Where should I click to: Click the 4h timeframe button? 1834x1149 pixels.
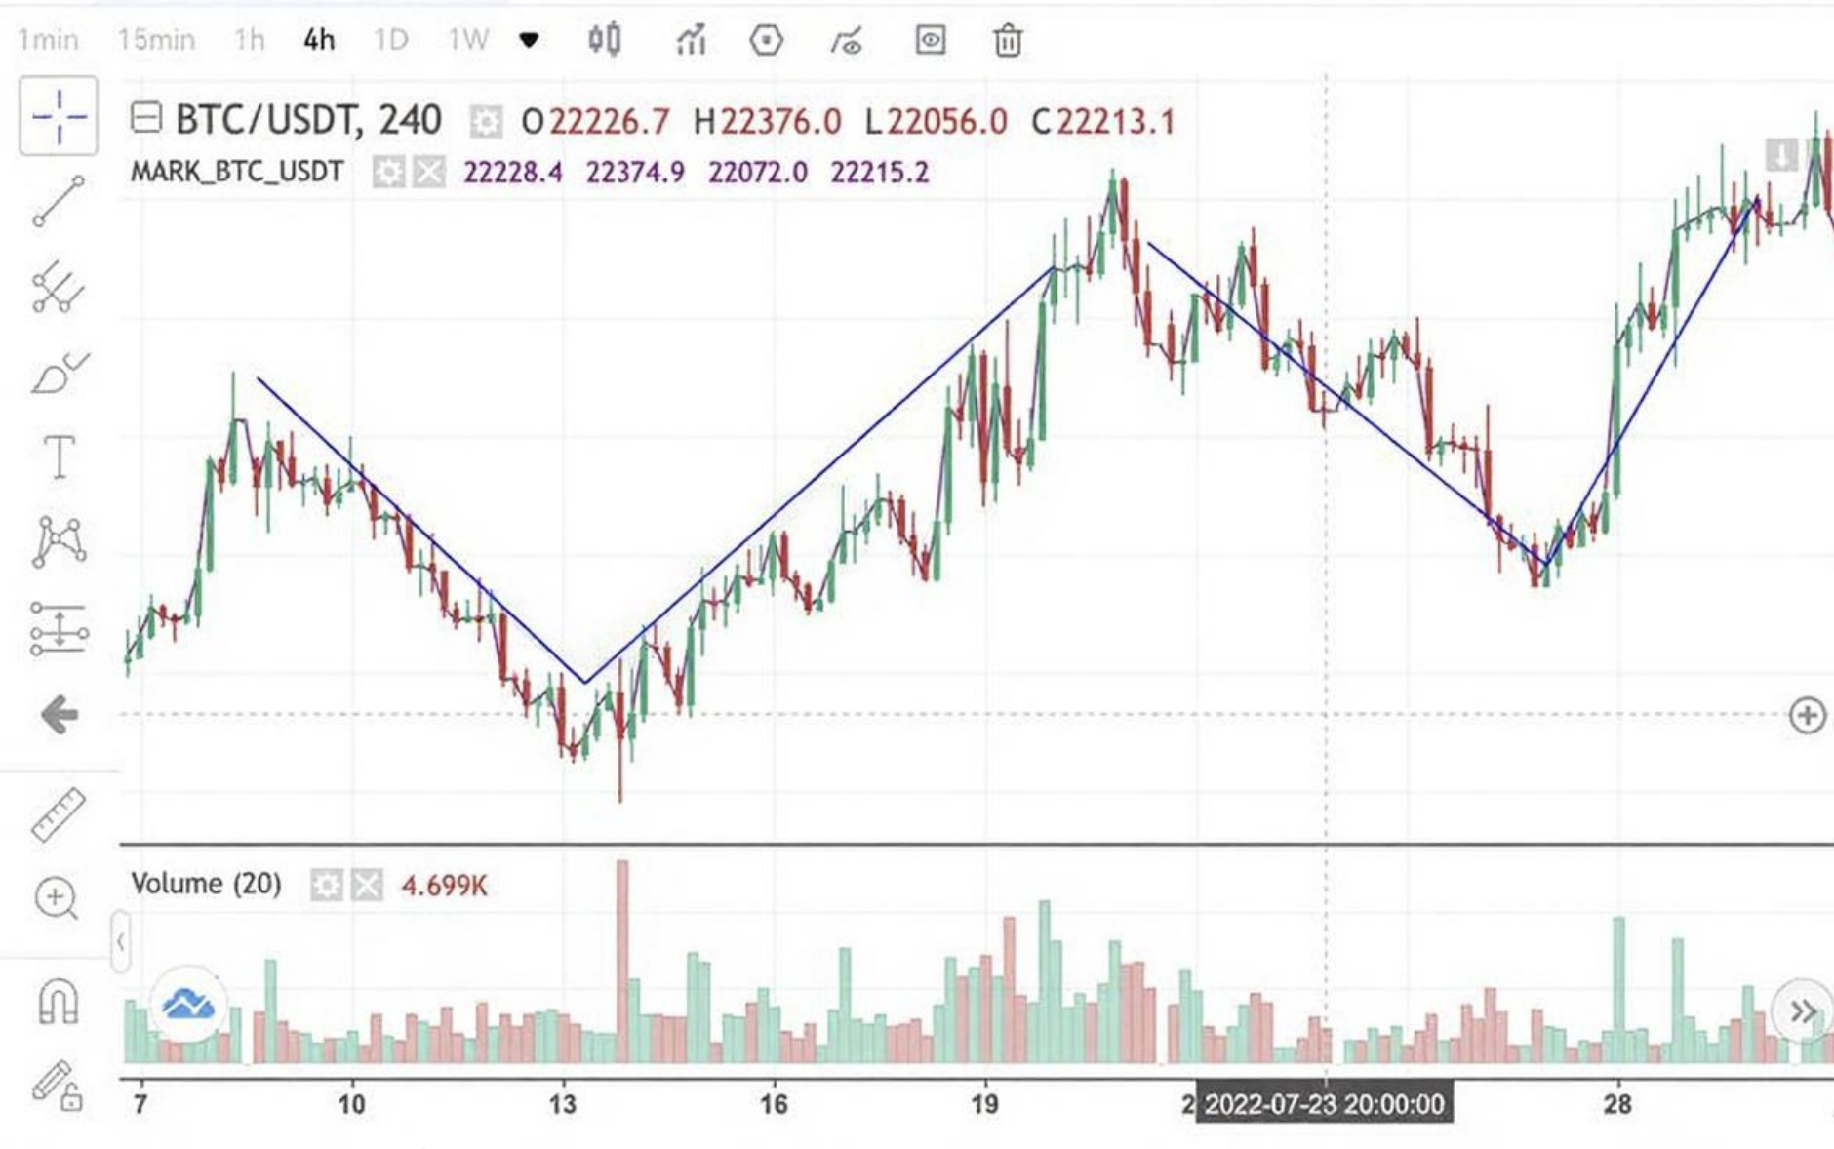[x=319, y=40]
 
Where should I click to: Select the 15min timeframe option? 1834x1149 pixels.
[x=156, y=40]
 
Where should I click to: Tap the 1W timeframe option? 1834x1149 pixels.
[x=467, y=40]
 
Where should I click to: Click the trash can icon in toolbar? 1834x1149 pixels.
[x=1007, y=41]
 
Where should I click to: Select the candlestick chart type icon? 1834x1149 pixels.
[x=604, y=40]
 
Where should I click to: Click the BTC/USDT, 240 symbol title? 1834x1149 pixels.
[x=308, y=120]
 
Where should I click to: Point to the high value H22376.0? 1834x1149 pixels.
[x=767, y=122]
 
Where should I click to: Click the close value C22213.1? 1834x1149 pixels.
[x=1103, y=122]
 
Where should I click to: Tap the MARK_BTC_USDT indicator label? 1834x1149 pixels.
[x=237, y=173]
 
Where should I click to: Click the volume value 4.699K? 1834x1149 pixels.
[x=444, y=886]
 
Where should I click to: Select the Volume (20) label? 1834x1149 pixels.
[x=206, y=884]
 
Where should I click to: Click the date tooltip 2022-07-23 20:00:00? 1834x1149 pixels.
[x=1324, y=1104]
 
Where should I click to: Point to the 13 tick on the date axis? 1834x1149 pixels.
[x=563, y=1104]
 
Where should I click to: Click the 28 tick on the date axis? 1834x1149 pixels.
[x=1617, y=1104]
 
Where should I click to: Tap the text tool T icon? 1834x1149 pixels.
[x=59, y=456]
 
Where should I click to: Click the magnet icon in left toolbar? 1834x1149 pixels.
[x=58, y=1002]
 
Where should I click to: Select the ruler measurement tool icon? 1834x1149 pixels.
[x=59, y=814]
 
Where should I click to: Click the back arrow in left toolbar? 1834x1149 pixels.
[x=59, y=715]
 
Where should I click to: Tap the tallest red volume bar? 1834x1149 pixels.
[x=622, y=961]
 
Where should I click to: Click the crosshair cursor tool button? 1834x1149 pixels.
[x=59, y=116]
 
